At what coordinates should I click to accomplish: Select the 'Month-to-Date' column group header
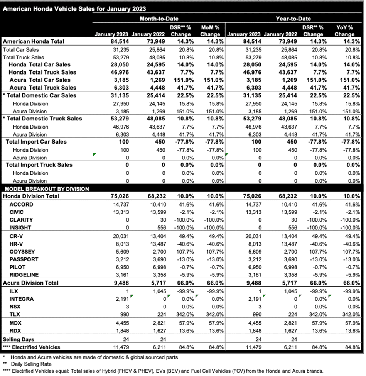(x=159, y=19)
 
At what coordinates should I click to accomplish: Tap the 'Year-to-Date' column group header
(x=293, y=19)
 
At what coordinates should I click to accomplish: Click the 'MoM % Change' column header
(x=210, y=30)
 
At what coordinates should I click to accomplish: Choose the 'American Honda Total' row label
(x=33, y=41)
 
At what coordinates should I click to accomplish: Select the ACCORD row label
(x=21, y=205)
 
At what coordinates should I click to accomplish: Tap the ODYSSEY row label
(x=24, y=252)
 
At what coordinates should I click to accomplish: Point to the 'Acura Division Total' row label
(x=31, y=283)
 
